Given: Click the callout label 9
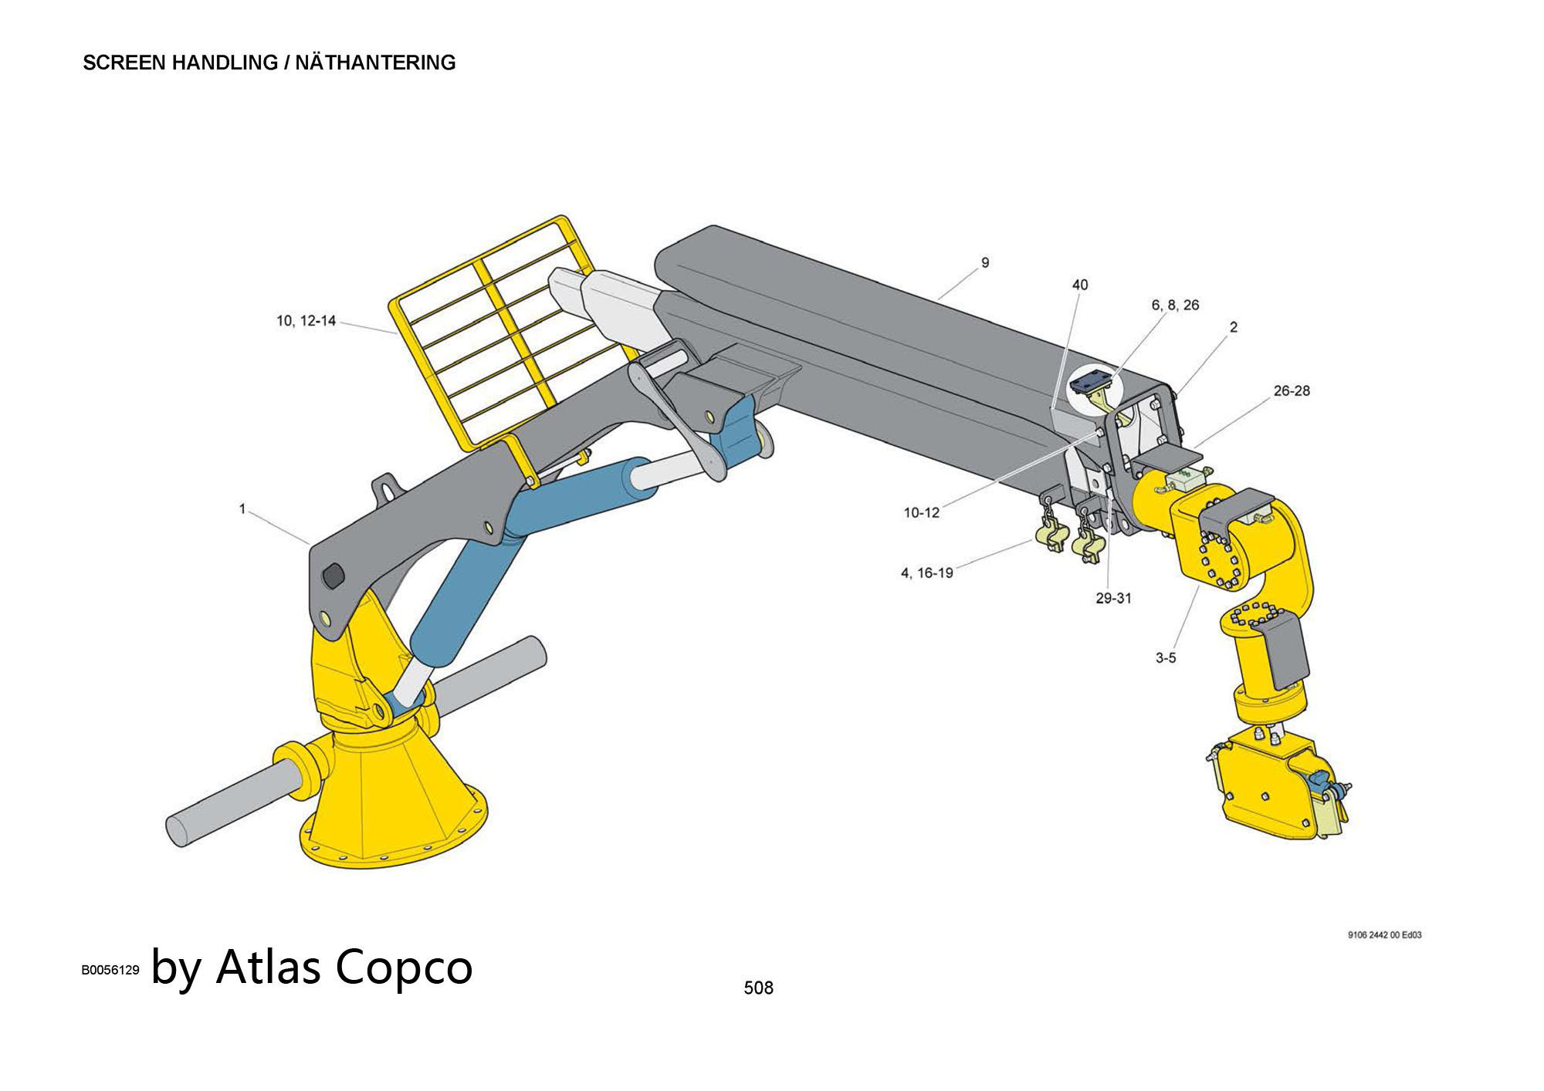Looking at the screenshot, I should point(985,263).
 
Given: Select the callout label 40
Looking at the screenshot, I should point(1080,285).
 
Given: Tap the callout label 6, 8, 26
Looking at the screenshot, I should point(1175,306).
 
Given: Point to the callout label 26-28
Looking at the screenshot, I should point(1292,391).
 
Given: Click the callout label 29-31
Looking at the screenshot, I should point(1113,598).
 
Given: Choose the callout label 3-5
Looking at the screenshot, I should point(1166,658).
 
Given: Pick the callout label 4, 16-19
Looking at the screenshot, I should point(926,573).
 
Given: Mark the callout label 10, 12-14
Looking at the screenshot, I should point(306,321).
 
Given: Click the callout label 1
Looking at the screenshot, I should point(242,509).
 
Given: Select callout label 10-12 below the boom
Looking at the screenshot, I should point(921,513).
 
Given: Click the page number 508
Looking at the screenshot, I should point(758,988).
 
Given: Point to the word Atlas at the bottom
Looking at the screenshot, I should point(266,968).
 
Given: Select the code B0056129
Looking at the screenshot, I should point(110,971).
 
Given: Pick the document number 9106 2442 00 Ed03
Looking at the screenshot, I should point(1384,935).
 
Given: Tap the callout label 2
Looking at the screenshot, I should point(1233,327).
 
